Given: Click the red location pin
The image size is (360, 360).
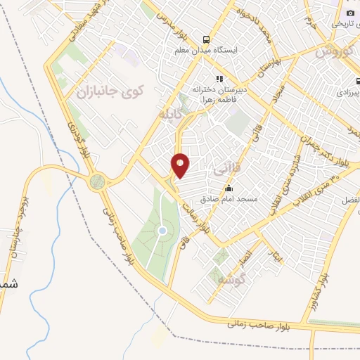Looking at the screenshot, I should click(181, 165).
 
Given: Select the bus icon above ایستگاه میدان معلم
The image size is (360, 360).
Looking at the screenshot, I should click(207, 39).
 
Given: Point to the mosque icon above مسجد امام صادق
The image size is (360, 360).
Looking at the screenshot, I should click(229, 188).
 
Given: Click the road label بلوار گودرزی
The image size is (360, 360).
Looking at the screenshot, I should click(79, 136).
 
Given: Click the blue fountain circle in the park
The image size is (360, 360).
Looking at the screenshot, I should click(162, 230).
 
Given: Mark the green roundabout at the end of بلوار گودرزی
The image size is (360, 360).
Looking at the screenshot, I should click(98, 181).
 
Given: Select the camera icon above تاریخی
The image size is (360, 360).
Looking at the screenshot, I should click(350, 13).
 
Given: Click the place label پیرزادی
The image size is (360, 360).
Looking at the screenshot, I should click(347, 92).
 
